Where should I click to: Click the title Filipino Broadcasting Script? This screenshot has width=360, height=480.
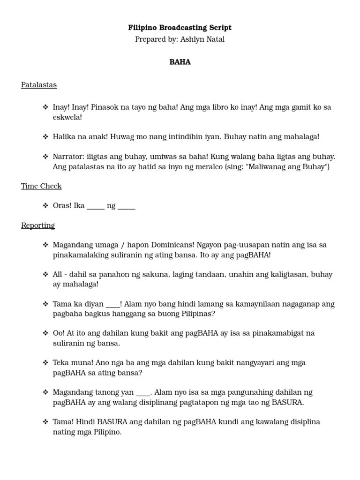[x=180, y=28]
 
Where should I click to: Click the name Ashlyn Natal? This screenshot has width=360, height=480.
[x=202, y=39]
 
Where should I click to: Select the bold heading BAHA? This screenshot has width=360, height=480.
[x=180, y=62]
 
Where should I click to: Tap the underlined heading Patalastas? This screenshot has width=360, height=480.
[x=39, y=85]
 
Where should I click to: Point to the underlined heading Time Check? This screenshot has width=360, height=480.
[x=41, y=186]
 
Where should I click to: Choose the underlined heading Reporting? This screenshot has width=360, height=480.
[x=38, y=225]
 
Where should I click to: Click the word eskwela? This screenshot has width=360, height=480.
[x=67, y=117]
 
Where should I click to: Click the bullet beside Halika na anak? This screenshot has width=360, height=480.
[x=45, y=137]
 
